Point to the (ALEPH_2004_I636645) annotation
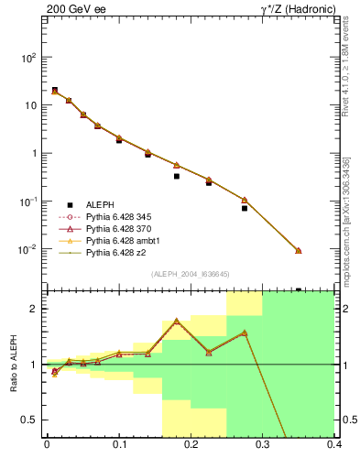189,274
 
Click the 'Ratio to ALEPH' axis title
11,365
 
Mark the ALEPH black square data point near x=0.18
177,176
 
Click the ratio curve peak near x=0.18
177,321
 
